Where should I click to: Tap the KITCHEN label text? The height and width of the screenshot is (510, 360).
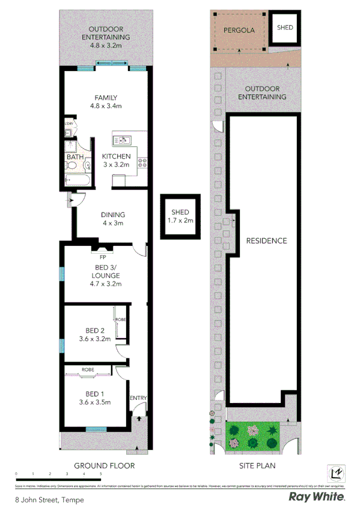[x=116, y=156]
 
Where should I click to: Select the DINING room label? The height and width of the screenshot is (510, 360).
[x=112, y=215]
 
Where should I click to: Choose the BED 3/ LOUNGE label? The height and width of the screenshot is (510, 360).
[x=105, y=271]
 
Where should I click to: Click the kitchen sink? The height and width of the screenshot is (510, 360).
[x=124, y=141]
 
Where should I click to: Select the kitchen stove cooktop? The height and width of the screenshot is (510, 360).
[x=143, y=161]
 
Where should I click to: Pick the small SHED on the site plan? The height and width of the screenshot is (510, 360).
[x=284, y=27]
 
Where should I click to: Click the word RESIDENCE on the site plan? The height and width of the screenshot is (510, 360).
[x=266, y=241]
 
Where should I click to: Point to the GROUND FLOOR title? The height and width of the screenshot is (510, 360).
[x=104, y=465]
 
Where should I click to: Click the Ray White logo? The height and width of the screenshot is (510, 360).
[x=317, y=497]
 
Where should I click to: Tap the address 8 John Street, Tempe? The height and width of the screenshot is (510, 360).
[x=50, y=500]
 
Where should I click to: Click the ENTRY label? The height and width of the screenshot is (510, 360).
[x=138, y=398]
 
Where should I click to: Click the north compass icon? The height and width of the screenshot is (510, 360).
[x=337, y=473]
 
